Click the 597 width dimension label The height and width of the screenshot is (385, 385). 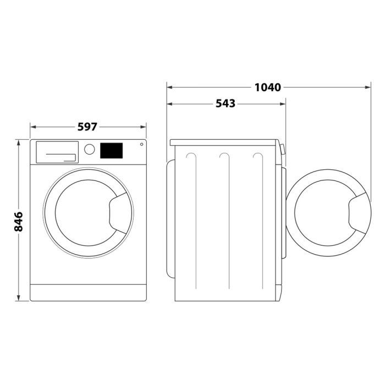point(87,127)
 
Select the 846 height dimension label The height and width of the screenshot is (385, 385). point(18,221)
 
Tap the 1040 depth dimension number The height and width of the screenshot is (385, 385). point(268,87)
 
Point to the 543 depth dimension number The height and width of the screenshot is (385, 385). point(225,103)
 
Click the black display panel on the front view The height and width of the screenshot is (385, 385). point(111,150)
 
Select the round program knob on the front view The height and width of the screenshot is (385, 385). point(89,149)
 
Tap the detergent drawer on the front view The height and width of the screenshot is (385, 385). point(56,151)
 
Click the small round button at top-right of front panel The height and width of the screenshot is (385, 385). point(141,145)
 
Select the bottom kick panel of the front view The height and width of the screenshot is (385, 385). point(88,292)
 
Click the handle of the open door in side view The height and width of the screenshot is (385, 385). point(358,213)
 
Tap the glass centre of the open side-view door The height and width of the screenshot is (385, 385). point(324,213)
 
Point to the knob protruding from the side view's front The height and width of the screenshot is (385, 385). point(283,149)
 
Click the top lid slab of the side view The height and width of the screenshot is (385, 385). point(226,142)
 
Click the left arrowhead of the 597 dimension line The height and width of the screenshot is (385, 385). point(32,127)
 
